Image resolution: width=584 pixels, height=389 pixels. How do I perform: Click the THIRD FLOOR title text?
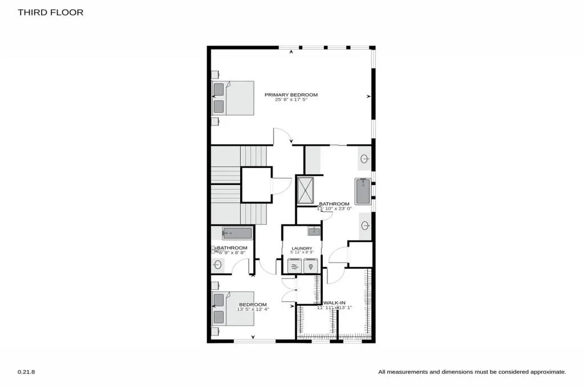coord(50,12)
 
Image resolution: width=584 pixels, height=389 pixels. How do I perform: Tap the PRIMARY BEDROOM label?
coord(291,95)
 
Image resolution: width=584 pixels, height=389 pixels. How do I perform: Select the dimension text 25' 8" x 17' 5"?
coord(291,100)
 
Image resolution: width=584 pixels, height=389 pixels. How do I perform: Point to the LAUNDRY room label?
coord(302,248)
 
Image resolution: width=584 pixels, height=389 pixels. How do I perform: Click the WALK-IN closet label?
coord(335,302)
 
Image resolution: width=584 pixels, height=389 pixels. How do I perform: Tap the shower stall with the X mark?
coord(305,190)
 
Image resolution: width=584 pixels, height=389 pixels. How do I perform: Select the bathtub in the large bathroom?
coord(363,191)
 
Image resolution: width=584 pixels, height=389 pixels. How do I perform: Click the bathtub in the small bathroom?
coord(237,233)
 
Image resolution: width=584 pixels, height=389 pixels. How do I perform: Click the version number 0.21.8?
coord(26,371)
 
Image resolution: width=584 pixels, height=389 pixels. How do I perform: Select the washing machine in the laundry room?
coord(294,265)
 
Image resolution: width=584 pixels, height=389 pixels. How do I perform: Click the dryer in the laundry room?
coord(310,265)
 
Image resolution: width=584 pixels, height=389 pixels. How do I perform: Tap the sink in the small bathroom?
coord(217,264)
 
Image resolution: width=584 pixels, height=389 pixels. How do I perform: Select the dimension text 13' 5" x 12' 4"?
coord(253,309)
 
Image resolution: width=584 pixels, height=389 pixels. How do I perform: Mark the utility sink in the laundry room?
coord(313,231)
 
